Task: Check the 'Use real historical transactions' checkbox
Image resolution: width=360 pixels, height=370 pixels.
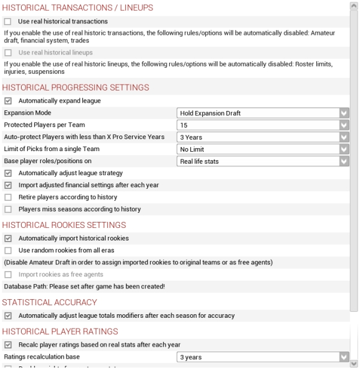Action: (x=8, y=22)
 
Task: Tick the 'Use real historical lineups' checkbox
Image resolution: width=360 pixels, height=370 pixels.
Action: (x=8, y=53)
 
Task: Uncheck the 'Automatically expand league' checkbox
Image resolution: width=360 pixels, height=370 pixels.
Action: (x=8, y=101)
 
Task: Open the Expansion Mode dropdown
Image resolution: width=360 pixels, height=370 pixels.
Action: (x=263, y=113)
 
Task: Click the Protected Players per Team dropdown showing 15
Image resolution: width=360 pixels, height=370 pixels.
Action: (x=263, y=125)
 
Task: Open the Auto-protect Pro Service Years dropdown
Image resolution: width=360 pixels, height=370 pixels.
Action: (x=263, y=137)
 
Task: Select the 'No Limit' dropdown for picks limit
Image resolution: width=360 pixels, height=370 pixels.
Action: (x=263, y=149)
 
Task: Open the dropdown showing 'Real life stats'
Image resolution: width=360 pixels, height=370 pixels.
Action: (x=263, y=161)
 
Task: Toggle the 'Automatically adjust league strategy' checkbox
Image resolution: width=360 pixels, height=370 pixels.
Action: (x=8, y=173)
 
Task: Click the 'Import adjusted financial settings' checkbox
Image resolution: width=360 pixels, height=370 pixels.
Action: (x=8, y=185)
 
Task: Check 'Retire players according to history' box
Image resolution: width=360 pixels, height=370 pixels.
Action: (x=8, y=197)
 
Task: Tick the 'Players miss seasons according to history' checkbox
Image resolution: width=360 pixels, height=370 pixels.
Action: (x=8, y=209)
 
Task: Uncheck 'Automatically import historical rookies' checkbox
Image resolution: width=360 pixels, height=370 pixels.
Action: (x=8, y=239)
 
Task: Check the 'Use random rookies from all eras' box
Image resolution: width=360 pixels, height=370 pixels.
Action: (x=8, y=250)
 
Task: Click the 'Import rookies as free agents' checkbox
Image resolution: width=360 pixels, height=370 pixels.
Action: (x=8, y=275)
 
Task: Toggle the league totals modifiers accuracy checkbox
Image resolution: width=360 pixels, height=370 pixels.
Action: (x=8, y=315)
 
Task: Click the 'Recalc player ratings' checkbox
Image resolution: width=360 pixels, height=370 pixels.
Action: (x=8, y=345)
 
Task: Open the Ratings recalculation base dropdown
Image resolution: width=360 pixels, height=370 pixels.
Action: (x=263, y=357)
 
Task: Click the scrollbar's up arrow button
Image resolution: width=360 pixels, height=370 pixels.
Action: (x=355, y=5)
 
